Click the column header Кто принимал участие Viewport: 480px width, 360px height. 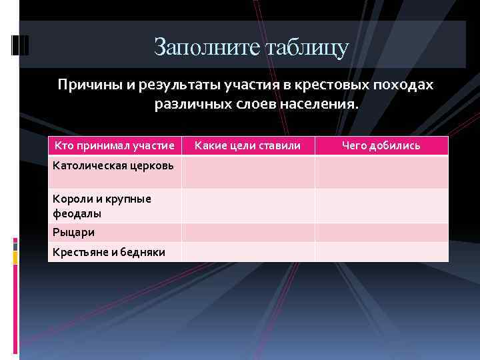coord(115,145)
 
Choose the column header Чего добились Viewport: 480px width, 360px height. coord(381,145)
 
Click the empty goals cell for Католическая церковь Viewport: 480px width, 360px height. coord(248,172)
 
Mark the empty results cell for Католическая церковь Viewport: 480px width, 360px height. coord(381,172)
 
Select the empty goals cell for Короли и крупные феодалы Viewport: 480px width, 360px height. coord(248,206)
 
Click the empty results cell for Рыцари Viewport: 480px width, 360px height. coord(381,232)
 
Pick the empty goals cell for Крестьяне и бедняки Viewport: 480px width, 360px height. coord(248,251)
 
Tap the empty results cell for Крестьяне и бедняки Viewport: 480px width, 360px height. coord(381,251)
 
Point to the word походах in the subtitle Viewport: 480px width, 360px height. coord(405,86)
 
